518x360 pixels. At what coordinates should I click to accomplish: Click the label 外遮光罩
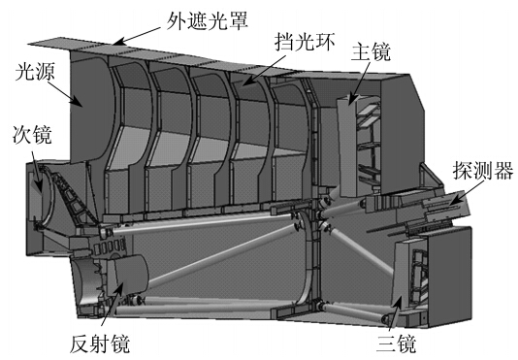[208, 20]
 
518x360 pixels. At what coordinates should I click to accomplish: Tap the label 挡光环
[305, 42]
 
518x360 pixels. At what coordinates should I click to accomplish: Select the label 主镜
[371, 51]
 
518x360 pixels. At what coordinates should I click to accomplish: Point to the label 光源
[35, 72]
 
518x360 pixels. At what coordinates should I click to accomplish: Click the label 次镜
[32, 135]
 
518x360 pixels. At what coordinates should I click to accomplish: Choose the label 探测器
[483, 170]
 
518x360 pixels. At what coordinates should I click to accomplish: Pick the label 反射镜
[100, 344]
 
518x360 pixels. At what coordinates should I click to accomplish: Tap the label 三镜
[396, 344]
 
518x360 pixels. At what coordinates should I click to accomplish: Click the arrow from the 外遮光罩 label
[139, 36]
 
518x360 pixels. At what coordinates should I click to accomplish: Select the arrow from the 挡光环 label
[264, 71]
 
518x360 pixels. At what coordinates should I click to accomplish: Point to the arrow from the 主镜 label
[360, 82]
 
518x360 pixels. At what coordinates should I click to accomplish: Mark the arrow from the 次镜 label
[37, 172]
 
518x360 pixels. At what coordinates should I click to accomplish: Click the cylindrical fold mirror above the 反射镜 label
[128, 275]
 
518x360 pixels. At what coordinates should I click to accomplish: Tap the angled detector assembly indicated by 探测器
[446, 209]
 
